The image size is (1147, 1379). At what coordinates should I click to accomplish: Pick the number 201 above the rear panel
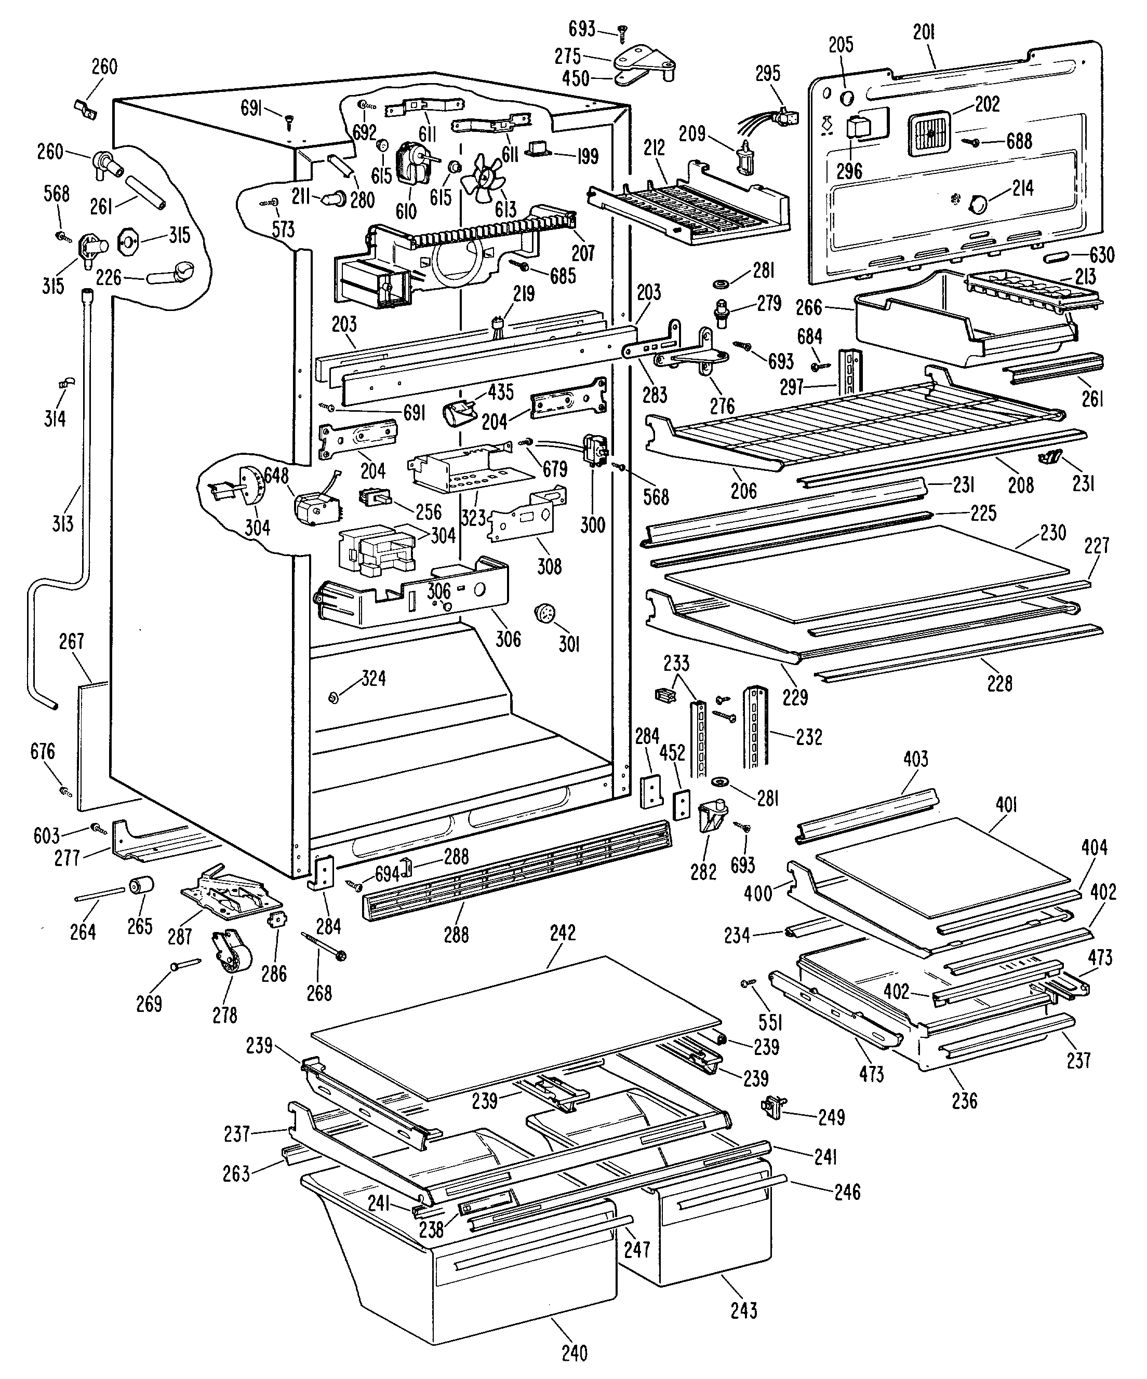924,32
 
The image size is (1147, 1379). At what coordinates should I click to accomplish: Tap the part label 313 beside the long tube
63,523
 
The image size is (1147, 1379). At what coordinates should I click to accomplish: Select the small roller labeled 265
142,886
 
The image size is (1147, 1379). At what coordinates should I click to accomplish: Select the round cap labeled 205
847,97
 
